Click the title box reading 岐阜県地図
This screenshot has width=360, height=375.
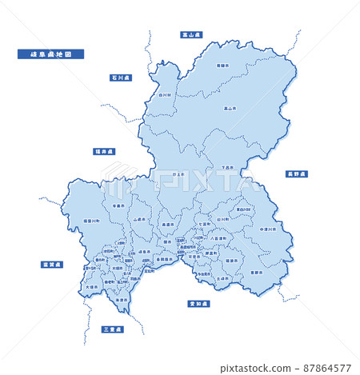pyautogui.click(x=50, y=54)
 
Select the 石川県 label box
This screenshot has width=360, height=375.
pyautogui.click(x=121, y=78)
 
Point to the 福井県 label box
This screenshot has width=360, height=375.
pyautogui.click(x=104, y=151)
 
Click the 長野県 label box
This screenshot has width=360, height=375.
pyautogui.click(x=296, y=174)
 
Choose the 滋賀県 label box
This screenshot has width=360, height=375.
pyautogui.click(x=53, y=264)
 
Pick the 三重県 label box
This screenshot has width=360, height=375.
pyautogui.click(x=113, y=329)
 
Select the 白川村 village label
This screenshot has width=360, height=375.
pyautogui.click(x=164, y=94)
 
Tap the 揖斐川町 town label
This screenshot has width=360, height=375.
pyautogui.click(x=70, y=220)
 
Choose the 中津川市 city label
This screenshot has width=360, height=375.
pyautogui.click(x=268, y=229)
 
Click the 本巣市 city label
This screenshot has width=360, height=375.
pyautogui.click(x=118, y=205)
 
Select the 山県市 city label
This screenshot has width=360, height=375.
pyautogui.click(x=140, y=217)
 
